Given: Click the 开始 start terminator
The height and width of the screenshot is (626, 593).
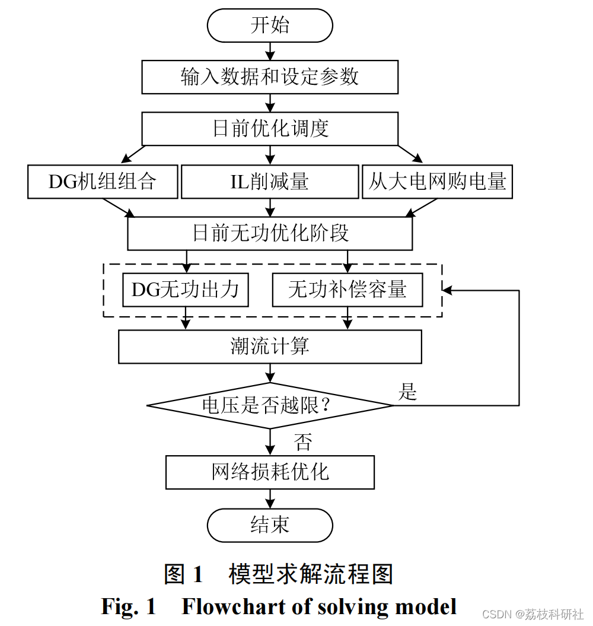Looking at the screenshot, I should [x=270, y=26].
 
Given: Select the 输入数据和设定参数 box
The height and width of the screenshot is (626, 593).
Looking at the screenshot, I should [x=270, y=77].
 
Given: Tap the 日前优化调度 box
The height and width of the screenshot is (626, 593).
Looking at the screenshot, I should [x=270, y=129].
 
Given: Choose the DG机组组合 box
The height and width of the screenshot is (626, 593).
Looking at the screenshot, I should [x=103, y=181].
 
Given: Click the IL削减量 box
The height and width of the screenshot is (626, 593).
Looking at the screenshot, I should [x=270, y=181].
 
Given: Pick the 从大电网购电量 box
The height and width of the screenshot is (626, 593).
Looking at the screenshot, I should [x=437, y=181].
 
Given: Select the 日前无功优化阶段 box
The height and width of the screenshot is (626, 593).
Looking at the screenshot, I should [x=270, y=233].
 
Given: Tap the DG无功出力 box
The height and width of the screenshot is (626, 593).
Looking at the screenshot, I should [x=185, y=290].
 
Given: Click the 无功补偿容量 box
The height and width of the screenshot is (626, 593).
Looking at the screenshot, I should [x=347, y=290].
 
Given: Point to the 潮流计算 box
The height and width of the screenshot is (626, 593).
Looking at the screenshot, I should [x=270, y=347].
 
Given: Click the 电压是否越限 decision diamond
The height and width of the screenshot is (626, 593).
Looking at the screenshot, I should [x=270, y=406].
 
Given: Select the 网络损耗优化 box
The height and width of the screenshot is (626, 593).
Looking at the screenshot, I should [x=270, y=472].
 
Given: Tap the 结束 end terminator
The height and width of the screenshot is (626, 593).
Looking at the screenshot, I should [x=270, y=525].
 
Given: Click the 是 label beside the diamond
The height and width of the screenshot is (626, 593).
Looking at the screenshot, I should [x=407, y=392].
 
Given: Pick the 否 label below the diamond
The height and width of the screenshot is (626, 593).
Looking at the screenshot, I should [x=302, y=441].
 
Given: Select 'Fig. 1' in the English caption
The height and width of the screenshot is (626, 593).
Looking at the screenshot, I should [x=129, y=606].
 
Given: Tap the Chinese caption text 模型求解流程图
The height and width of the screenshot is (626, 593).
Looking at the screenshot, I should [x=311, y=574].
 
